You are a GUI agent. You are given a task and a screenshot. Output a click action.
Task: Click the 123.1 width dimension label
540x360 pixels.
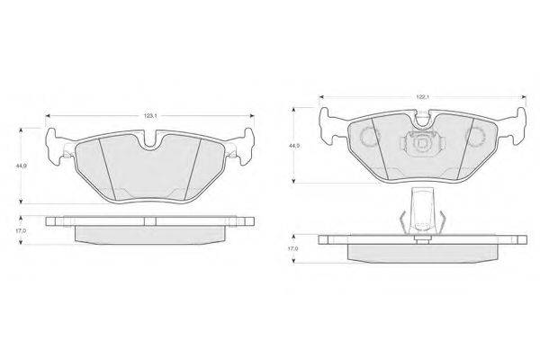[x=150, y=116]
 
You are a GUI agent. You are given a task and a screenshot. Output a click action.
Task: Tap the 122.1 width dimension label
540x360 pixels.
[x=423, y=97]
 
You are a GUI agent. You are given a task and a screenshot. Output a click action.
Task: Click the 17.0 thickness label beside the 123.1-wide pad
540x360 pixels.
[x=21, y=230]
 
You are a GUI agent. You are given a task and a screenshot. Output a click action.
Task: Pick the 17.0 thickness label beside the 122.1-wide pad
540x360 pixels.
[x=293, y=248]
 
